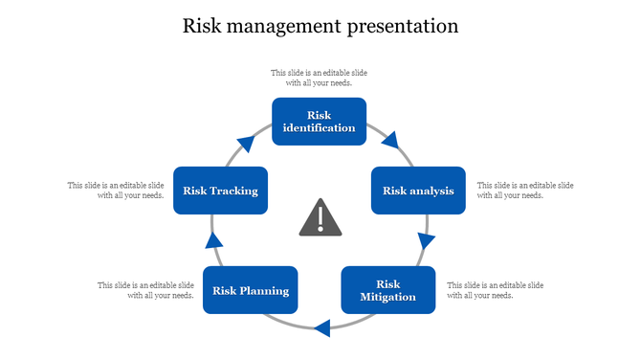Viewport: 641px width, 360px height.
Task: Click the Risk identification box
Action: tap(320, 122)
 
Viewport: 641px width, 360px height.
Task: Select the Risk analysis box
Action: tap(418, 191)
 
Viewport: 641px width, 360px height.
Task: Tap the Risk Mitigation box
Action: tap(387, 290)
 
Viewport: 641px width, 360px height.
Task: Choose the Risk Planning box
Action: tap(251, 290)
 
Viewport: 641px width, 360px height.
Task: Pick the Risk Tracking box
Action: tap(220, 191)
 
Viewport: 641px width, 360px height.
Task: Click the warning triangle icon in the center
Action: tap(320, 218)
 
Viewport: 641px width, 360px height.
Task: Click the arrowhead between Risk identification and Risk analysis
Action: tap(389, 142)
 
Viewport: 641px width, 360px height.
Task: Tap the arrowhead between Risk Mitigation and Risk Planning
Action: tap(322, 328)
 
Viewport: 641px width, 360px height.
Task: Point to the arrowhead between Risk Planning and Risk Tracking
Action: tap(214, 239)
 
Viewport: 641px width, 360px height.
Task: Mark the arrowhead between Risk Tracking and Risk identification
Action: tap(247, 144)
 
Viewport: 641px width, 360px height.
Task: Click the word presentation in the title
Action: tap(403, 26)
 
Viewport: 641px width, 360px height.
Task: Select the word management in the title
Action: tap(281, 26)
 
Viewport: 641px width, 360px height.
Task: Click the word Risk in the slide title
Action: tap(204, 26)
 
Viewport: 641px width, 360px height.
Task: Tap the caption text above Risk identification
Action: tap(320, 78)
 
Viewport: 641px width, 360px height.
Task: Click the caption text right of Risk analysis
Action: tap(525, 190)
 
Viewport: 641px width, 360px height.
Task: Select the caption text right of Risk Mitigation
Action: tap(496, 290)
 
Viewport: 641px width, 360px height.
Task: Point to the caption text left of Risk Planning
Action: tap(145, 290)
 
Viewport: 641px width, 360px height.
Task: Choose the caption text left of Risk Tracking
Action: tap(116, 190)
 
